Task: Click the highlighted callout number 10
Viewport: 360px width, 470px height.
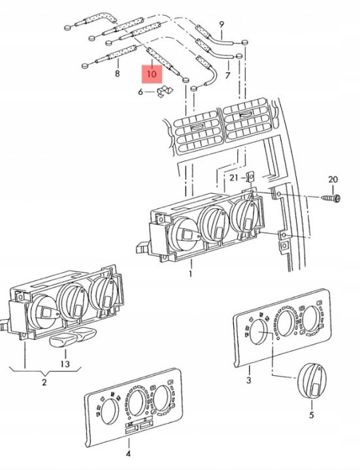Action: tap(152, 74)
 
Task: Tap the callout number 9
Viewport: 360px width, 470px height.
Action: tap(221, 24)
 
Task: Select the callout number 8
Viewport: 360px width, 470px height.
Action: tap(118, 73)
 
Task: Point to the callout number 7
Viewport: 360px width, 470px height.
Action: tap(227, 75)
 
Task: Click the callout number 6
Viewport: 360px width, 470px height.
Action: tap(140, 92)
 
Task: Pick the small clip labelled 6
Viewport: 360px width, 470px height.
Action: tap(164, 91)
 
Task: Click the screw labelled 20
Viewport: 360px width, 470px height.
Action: tap(331, 198)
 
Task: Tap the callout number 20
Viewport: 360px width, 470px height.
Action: tap(333, 180)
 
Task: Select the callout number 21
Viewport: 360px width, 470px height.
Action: tap(234, 178)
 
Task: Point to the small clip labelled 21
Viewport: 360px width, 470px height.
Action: tap(250, 177)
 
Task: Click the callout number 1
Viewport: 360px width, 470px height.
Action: tap(191, 274)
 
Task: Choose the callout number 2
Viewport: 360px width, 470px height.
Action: tap(44, 383)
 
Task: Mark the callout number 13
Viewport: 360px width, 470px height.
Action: tap(65, 364)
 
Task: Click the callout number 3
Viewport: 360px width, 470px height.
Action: tap(249, 380)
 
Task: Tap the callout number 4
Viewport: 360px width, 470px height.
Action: tap(128, 454)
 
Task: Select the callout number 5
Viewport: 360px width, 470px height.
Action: tap(312, 415)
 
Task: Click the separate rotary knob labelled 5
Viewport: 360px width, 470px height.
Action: tap(312, 381)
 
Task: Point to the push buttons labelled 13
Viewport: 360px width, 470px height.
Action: tap(73, 337)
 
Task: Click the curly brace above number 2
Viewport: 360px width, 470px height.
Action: tap(45, 371)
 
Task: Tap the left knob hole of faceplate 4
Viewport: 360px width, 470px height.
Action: tap(110, 412)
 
